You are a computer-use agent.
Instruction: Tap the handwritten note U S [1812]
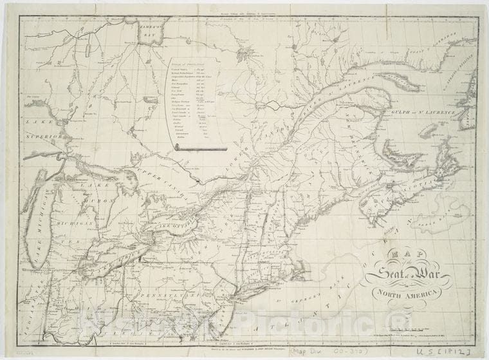458,352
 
